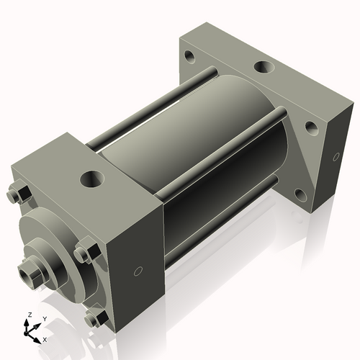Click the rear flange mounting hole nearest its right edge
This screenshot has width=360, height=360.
pos(311,127)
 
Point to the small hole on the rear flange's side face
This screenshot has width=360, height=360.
pos(336,157)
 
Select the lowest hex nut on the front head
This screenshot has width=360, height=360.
pos(92,319)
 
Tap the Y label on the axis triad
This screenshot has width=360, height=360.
pos(44,318)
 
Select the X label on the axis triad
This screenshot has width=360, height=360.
pos(45,338)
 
